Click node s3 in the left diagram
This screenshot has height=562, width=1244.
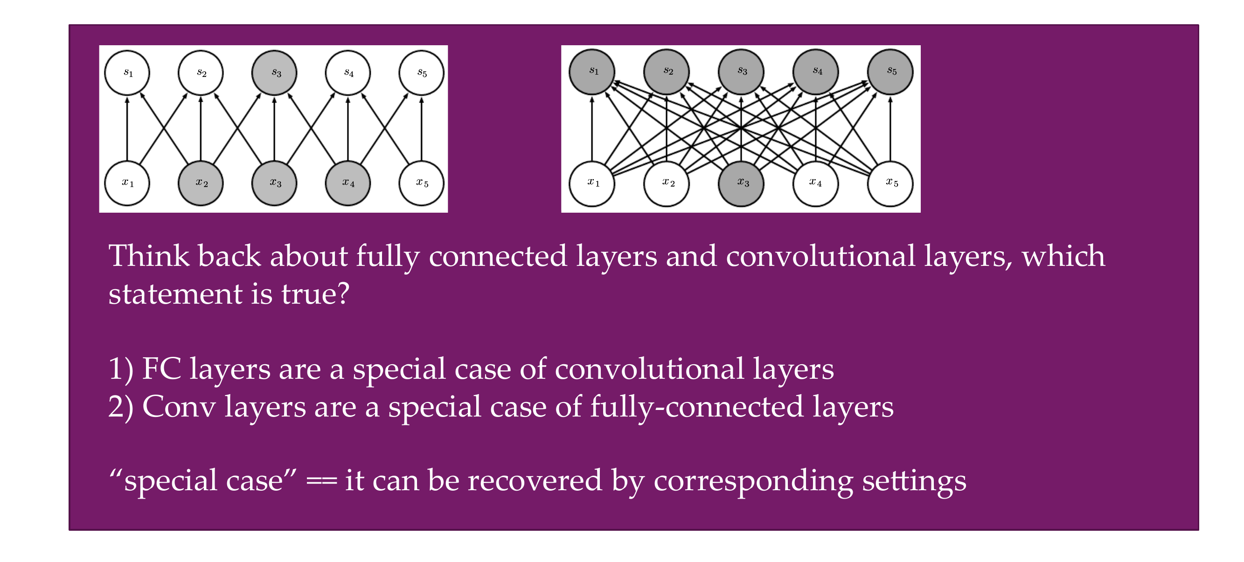[x=274, y=73]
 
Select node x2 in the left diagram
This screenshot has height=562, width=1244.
[x=201, y=183]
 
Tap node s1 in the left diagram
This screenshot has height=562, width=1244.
[x=127, y=73]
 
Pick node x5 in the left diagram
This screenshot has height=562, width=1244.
[x=421, y=183]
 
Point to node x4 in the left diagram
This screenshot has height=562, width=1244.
[x=347, y=183]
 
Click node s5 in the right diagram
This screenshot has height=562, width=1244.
[x=890, y=71]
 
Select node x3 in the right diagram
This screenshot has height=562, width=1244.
[x=741, y=183]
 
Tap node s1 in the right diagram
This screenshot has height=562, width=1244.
[x=592, y=71]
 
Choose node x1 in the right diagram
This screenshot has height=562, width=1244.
[x=592, y=183]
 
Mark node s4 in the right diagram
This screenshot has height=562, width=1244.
[x=816, y=71]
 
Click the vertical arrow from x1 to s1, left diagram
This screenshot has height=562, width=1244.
[x=127, y=129]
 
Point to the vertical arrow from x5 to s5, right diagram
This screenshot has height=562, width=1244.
[x=890, y=129]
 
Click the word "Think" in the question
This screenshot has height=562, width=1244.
[x=149, y=256]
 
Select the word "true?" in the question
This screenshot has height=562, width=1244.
[x=315, y=294]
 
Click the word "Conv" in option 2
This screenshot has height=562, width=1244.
[x=179, y=407]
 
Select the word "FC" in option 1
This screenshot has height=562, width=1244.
[x=161, y=369]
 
